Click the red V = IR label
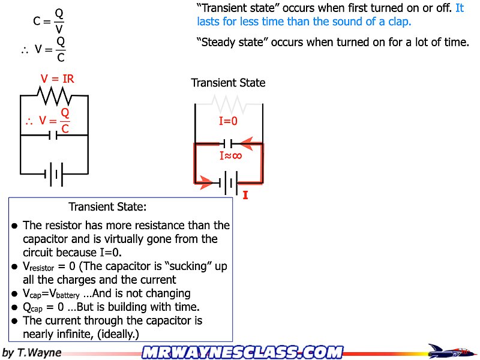tap(58, 79)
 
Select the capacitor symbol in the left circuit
tap(54, 135)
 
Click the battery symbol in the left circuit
tap(54, 175)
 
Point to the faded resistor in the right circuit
tap(228, 106)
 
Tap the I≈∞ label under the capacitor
tap(230, 157)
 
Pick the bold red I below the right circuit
tap(245, 195)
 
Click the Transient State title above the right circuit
tap(228, 83)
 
